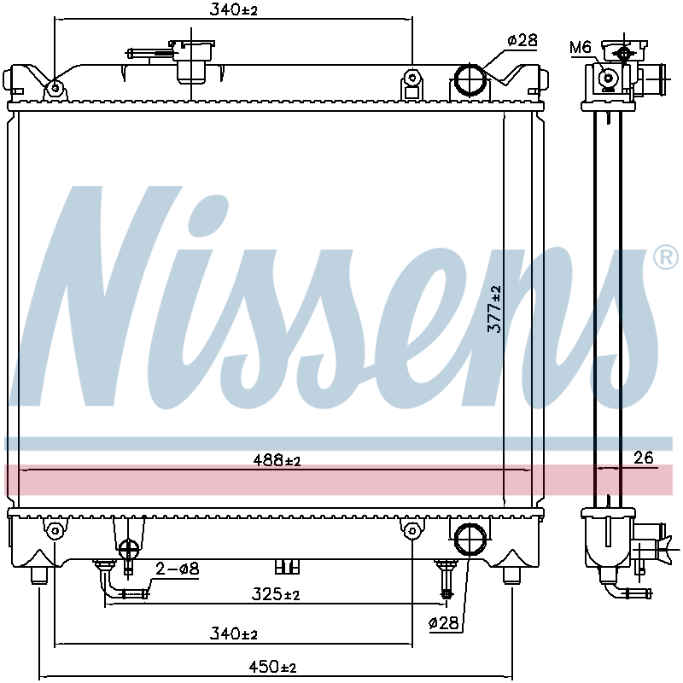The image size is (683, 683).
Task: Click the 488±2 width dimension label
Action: pos(277,460)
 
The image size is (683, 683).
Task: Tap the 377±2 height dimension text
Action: pos(495,309)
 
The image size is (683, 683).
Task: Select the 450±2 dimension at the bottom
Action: pos(272,666)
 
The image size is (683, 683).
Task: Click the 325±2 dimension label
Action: pos(276,593)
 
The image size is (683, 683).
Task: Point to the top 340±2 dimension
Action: pos(233,9)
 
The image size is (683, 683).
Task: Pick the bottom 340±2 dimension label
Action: pos(233,633)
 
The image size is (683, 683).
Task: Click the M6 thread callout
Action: pos(581,47)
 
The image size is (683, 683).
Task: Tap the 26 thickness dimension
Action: pos(644,458)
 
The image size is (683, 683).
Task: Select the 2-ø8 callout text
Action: pos(178,568)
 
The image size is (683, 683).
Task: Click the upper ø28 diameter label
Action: pos(522,40)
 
